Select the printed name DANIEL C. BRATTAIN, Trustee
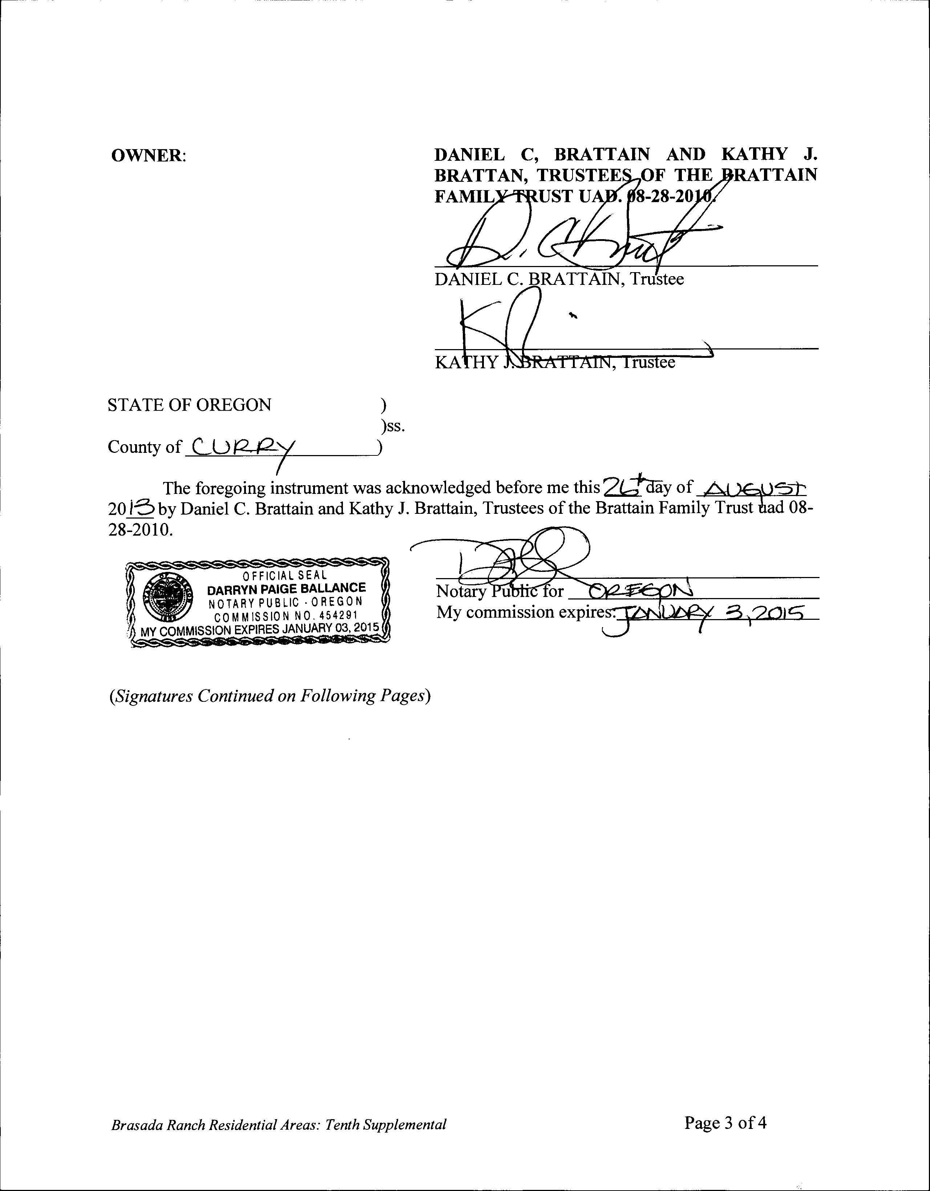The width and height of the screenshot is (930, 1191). pyautogui.click(x=559, y=279)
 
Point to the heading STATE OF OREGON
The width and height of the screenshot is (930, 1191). pyautogui.click(x=189, y=405)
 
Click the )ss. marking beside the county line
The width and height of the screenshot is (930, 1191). pyautogui.click(x=393, y=426)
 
